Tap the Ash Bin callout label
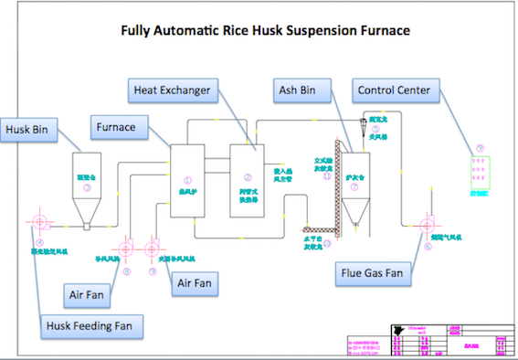click(x=298, y=90)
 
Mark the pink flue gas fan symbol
click(x=426, y=225)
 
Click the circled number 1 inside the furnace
click(x=188, y=180)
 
